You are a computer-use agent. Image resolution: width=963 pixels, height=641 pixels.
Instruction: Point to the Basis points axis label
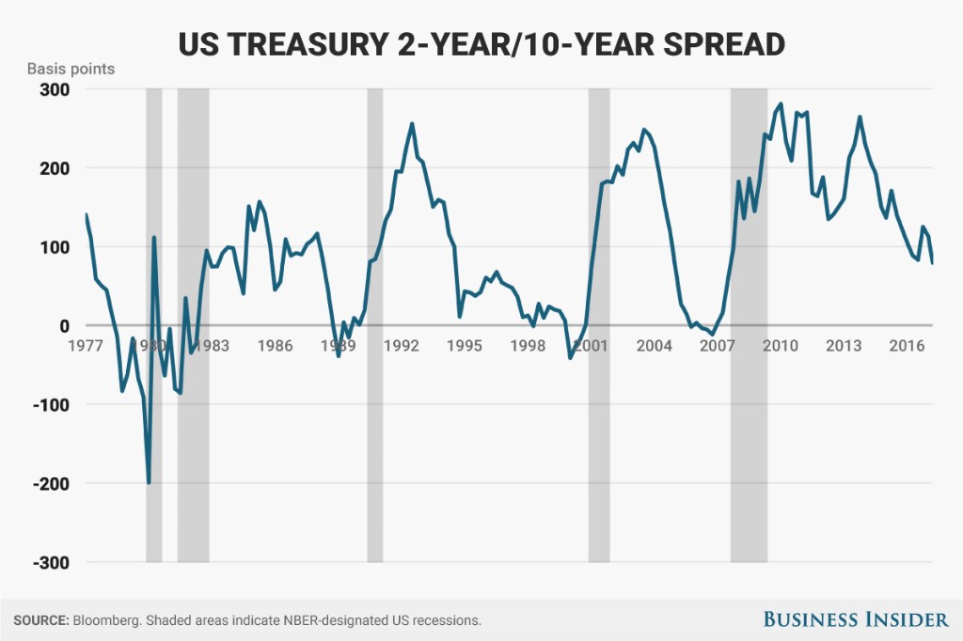coord(71,70)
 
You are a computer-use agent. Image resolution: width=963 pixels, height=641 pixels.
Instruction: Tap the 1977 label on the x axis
coord(86,345)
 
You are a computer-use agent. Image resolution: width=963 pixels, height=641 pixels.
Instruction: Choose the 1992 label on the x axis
coord(402,345)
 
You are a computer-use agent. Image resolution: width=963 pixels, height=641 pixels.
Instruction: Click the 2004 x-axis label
coord(654,345)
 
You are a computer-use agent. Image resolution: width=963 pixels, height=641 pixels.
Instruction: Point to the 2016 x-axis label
coord(906,345)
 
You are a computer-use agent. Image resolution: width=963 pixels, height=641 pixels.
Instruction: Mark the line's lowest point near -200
coord(149,482)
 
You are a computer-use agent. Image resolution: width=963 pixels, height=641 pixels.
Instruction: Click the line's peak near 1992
coord(412,123)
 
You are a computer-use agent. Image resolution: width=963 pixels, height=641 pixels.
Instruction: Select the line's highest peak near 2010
coord(781,103)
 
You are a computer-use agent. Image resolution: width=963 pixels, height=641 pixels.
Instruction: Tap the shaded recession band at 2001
coord(599,442)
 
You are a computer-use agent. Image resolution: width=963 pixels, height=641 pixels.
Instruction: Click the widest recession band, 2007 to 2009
coord(749,442)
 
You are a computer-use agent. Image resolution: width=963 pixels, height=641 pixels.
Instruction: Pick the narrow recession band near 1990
coord(374,442)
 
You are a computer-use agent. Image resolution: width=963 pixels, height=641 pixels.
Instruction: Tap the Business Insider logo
coord(855,618)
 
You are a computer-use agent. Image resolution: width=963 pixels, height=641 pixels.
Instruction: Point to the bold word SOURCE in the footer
coord(40,620)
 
